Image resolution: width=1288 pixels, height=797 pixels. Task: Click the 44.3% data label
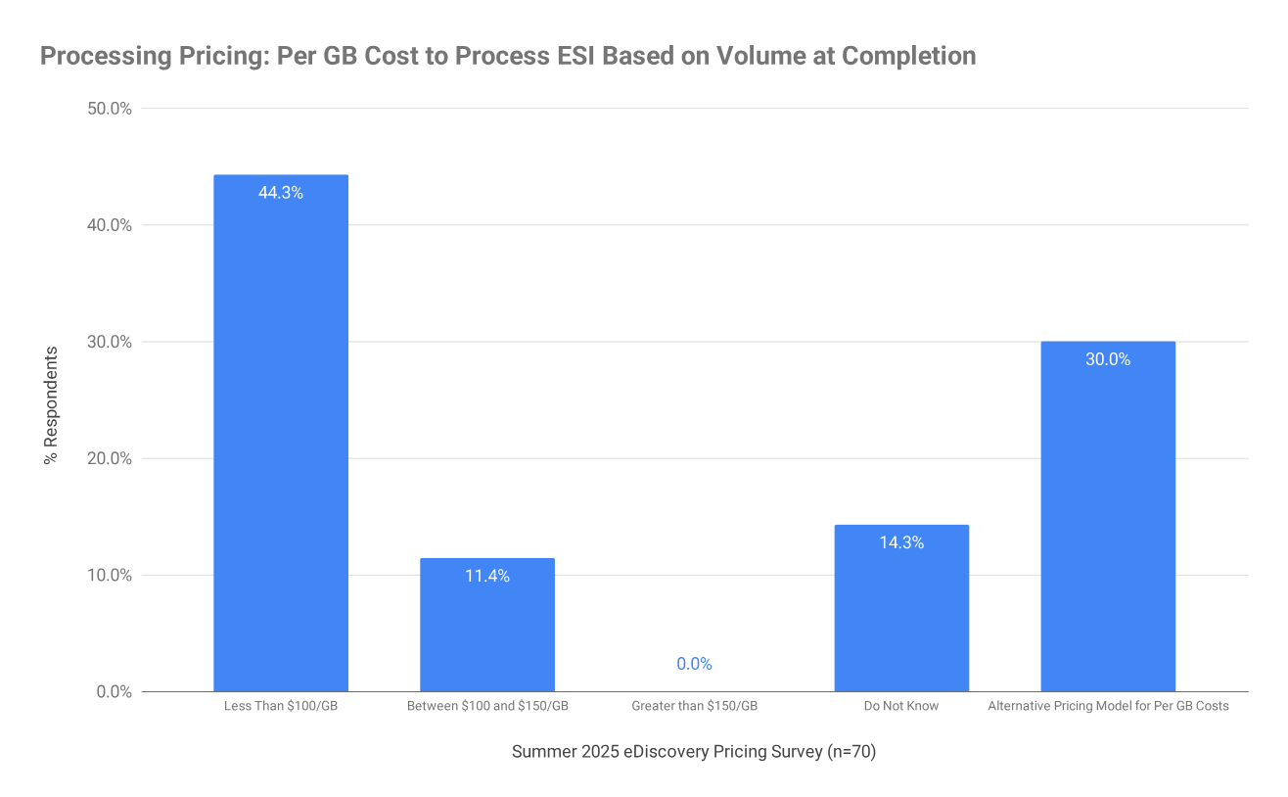click(x=281, y=193)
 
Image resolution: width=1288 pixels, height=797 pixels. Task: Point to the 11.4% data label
click(x=487, y=576)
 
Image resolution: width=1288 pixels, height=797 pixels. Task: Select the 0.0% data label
click(x=694, y=664)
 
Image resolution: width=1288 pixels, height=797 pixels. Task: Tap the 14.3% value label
click(x=901, y=542)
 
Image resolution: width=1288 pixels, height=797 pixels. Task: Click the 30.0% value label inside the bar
click(x=1108, y=359)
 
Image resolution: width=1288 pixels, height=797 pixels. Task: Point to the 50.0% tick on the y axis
click(x=110, y=109)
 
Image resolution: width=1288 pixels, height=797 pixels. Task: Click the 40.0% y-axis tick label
click(x=110, y=225)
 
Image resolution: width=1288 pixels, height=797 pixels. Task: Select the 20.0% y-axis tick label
click(x=110, y=458)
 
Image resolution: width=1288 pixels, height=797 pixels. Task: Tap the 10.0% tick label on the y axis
click(x=110, y=575)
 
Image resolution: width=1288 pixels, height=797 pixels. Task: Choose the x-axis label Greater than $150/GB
click(x=694, y=706)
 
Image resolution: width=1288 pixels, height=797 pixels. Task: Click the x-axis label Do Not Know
click(x=901, y=706)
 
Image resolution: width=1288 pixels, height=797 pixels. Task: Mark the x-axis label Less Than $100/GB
click(x=281, y=706)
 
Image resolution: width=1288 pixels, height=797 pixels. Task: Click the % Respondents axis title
click(x=51, y=404)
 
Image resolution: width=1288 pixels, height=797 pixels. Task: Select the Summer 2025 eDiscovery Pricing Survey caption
click(x=693, y=752)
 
